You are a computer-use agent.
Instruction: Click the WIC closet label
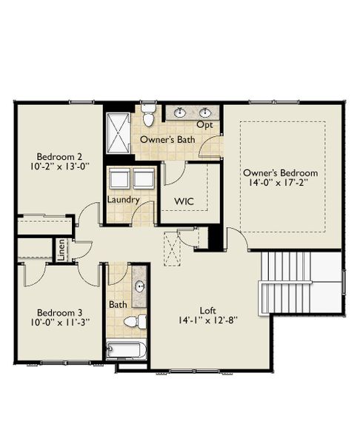pyautogui.click(x=184, y=201)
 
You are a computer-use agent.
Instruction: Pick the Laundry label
pyautogui.click(x=124, y=200)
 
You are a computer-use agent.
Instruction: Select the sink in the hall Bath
pyautogui.click(x=139, y=286)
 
